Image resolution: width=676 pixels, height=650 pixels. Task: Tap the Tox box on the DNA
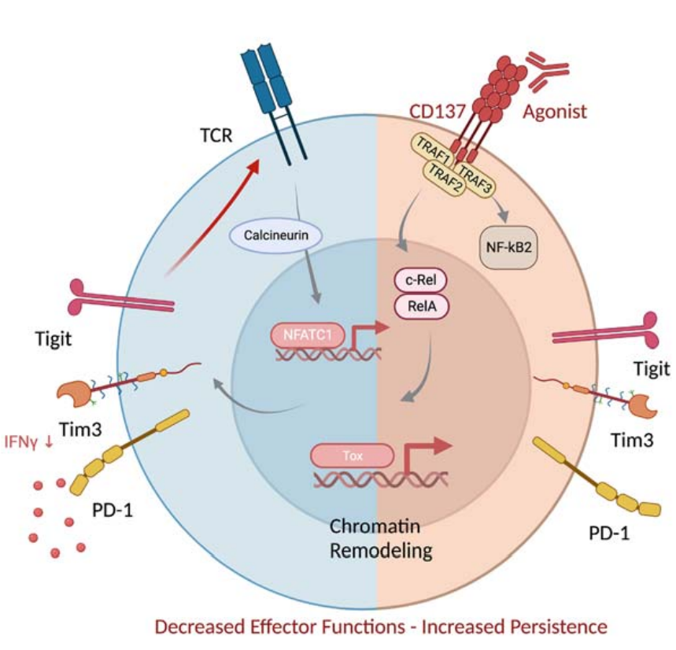pos(351,454)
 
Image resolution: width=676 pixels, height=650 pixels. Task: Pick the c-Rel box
pos(419,280)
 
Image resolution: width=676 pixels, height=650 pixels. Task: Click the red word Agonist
pos(556,111)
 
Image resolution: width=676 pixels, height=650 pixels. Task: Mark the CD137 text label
pos(441,111)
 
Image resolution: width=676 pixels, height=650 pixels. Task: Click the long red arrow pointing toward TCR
pos(212,218)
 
